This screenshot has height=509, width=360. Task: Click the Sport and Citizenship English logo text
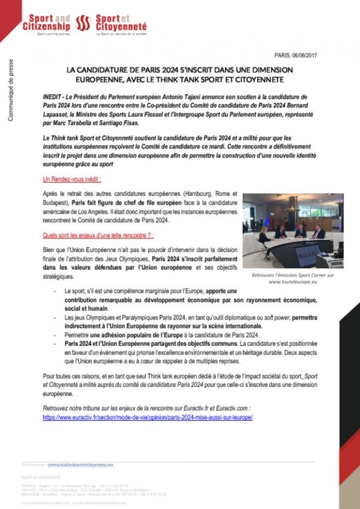[x=46, y=23]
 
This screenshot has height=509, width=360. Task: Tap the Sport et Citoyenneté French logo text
[x=121, y=23]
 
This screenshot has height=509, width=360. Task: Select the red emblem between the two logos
[x=83, y=23]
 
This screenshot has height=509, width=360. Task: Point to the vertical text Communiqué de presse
[x=11, y=90]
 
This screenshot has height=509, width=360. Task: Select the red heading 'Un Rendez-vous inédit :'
[x=71, y=179]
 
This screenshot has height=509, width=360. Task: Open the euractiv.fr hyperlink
[x=148, y=417]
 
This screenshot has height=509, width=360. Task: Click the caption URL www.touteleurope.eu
[x=293, y=282]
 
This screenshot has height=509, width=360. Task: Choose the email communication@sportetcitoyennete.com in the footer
[x=80, y=464]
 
